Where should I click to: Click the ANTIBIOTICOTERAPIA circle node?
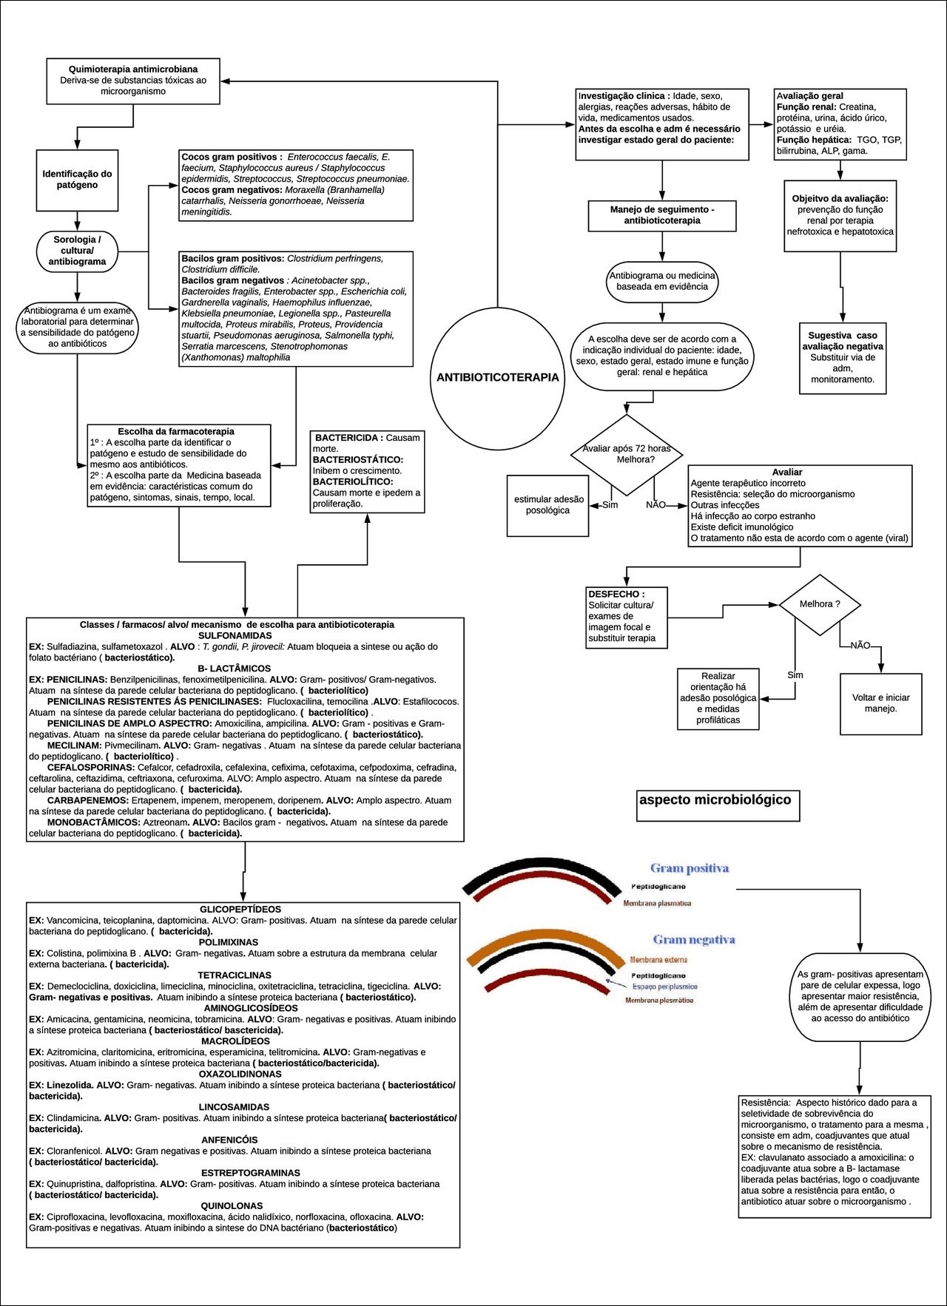[497, 378]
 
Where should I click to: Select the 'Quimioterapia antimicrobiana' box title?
[133, 69]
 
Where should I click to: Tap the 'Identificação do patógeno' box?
[77, 180]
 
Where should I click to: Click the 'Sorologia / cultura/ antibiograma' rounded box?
[77, 251]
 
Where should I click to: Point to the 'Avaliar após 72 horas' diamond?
[627, 454]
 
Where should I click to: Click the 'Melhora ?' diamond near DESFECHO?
[820, 604]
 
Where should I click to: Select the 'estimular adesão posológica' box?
[547, 505]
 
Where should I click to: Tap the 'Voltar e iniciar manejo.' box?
[880, 703]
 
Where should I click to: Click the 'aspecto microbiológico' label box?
[715, 800]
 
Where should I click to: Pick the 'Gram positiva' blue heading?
[690, 868]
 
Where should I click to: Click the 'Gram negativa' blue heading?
[693, 939]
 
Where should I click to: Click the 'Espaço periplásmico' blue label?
[664, 987]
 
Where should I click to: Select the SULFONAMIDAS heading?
[235, 635]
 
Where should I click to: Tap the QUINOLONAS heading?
[232, 1206]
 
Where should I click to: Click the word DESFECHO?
[616, 594]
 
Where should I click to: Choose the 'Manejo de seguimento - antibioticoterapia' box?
[662, 215]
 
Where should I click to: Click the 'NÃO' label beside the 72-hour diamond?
[656, 505]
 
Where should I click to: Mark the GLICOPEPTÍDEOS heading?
[240, 909]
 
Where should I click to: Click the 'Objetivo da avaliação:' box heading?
[840, 199]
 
